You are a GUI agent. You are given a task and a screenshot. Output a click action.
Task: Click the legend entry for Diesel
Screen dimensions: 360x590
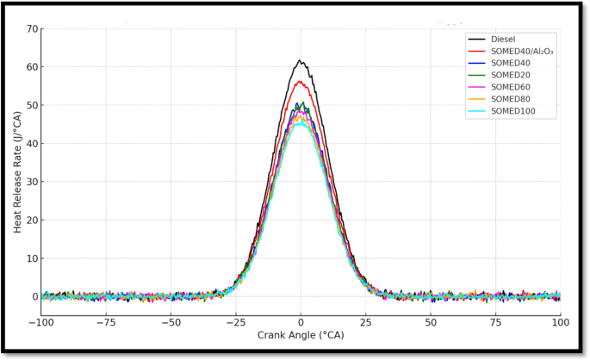(x=503, y=39)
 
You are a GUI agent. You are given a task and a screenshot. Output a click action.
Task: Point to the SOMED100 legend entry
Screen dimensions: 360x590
(x=513, y=111)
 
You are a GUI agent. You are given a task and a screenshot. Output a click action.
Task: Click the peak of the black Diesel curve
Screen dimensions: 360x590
(x=300, y=61)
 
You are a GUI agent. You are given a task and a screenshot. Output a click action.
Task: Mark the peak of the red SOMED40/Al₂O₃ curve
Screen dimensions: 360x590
(x=301, y=82)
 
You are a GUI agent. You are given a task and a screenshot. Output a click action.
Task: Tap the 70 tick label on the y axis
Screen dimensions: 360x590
(x=32, y=28)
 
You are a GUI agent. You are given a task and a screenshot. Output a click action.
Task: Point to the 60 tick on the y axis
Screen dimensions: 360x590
(x=32, y=67)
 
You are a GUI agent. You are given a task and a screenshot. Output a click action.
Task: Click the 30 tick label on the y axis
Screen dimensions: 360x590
(x=32, y=182)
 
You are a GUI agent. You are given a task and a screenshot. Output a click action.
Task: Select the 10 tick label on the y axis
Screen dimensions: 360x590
(x=32, y=258)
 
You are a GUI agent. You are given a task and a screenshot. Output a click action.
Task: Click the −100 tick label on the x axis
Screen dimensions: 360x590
(x=41, y=321)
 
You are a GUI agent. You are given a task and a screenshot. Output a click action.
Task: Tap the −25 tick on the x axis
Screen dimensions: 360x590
(x=235, y=321)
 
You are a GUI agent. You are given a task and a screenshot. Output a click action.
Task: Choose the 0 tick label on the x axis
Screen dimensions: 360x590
(x=301, y=321)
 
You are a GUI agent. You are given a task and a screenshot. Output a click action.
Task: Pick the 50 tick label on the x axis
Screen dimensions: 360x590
(x=431, y=321)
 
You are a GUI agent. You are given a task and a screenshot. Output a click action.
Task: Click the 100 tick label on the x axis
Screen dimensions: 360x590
(x=560, y=321)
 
